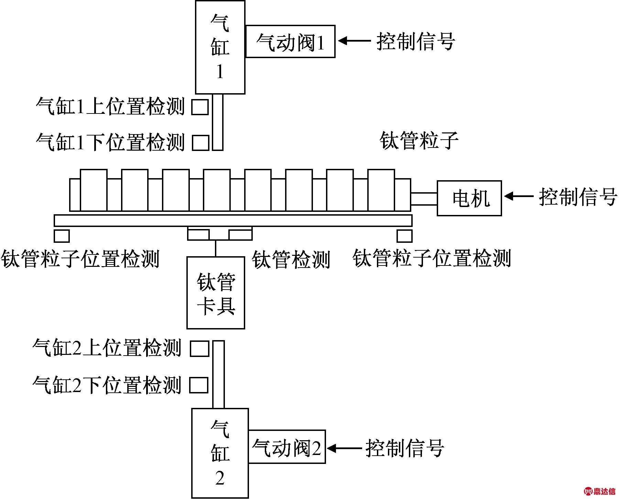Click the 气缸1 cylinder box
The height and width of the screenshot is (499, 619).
coord(220,47)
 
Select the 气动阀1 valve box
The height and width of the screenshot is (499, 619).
coord(290,41)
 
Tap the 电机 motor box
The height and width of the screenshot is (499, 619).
coord(469,198)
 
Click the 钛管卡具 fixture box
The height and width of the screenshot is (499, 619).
coord(216,293)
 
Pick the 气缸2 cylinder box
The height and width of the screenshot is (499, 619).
coord(220,453)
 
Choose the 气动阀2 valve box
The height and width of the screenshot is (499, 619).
coord(286,447)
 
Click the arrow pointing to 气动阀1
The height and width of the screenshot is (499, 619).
coord(354,41)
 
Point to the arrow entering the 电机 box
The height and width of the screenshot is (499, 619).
coord(519,196)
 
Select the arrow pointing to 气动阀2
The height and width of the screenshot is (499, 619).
coord(344,448)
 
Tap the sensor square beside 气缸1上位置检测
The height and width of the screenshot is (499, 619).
coord(200,107)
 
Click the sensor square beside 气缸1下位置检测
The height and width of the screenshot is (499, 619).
coord(200,143)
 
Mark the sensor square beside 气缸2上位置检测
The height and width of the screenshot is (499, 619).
coord(199,349)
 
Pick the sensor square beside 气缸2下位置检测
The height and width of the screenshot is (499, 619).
coord(199,385)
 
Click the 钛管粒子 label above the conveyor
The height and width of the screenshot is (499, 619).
coord(419,141)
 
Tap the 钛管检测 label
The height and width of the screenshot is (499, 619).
coord(291,260)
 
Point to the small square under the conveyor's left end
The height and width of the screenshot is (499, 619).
coord(62,236)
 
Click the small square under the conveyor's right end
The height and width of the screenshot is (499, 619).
coord(404,236)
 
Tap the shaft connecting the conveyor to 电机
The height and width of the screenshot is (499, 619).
coord(424,199)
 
